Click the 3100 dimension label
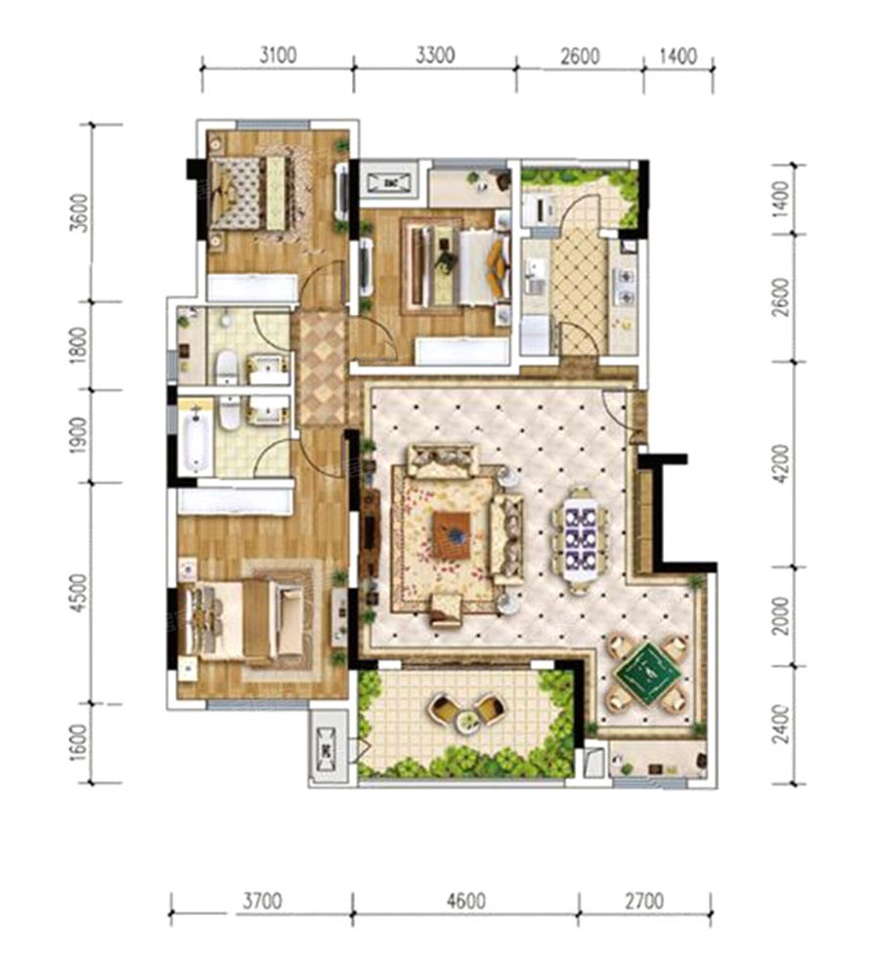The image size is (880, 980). pyautogui.click(x=278, y=56)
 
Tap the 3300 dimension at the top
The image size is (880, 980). pyautogui.click(x=435, y=56)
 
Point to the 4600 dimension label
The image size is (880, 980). pyautogui.click(x=465, y=901)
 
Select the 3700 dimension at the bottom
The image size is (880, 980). pyautogui.click(x=262, y=901)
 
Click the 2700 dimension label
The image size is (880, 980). pyautogui.click(x=643, y=901)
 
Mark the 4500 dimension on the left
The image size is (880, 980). pyautogui.click(x=79, y=593)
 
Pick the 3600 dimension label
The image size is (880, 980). pyautogui.click(x=79, y=213)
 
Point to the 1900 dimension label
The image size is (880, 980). pyautogui.click(x=79, y=435)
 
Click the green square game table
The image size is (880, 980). pyautogui.click(x=647, y=673)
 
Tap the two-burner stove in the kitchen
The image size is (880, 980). pyautogui.click(x=624, y=287)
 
